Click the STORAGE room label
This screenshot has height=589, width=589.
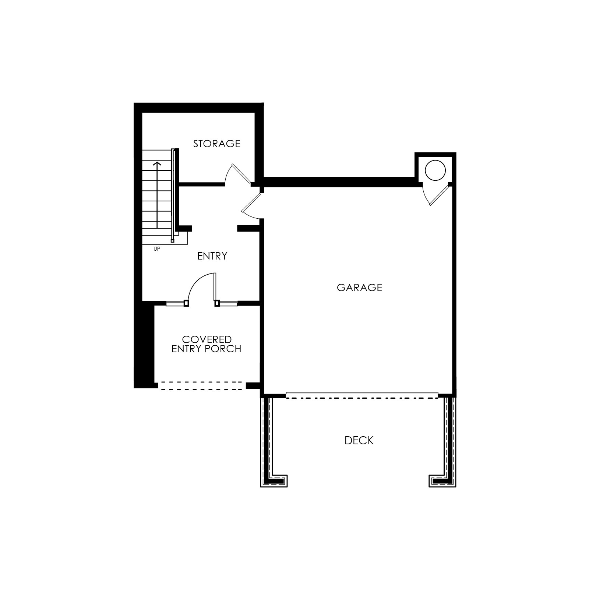[x=217, y=144]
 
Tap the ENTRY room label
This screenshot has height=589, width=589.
[x=212, y=256]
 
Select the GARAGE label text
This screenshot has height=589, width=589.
[x=359, y=288]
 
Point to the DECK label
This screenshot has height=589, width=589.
[x=359, y=441]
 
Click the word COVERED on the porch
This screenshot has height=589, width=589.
[x=207, y=339]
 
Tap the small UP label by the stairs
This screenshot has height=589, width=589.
[x=157, y=249]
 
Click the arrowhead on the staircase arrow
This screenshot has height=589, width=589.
[x=157, y=163]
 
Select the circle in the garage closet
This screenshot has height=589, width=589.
[x=435, y=170]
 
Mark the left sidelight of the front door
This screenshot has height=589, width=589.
[x=175, y=303]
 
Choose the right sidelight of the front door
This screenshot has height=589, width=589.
[x=228, y=303]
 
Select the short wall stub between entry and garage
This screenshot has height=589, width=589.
[x=249, y=229]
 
